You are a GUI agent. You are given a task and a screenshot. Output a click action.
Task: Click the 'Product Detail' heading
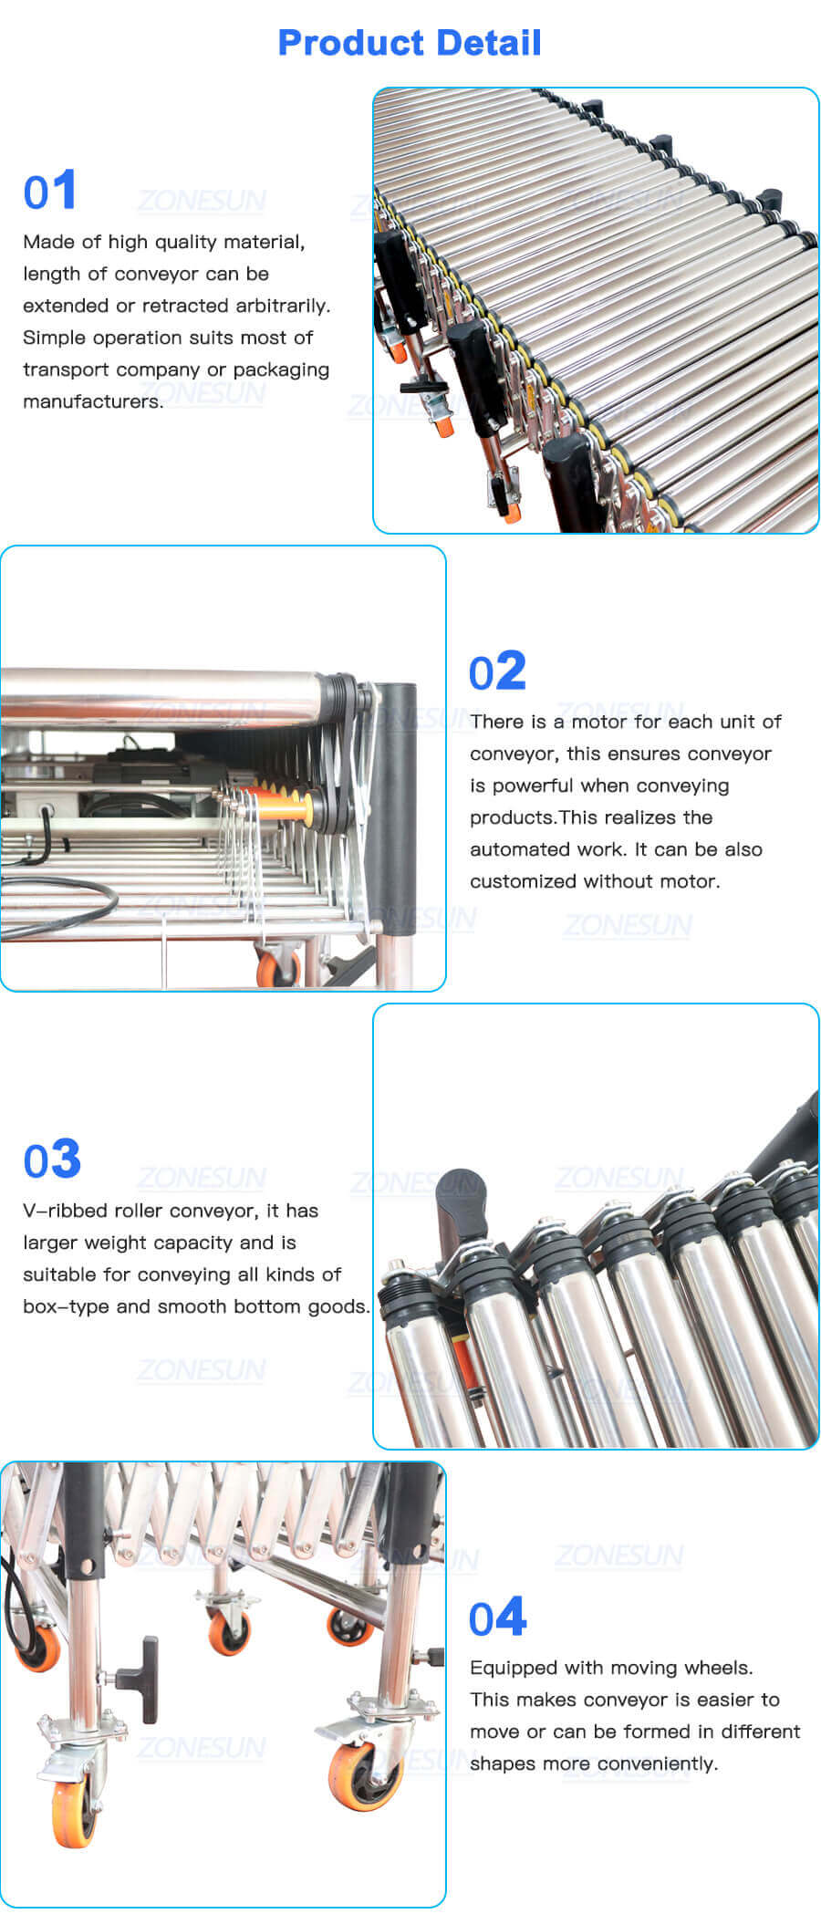[x=410, y=43]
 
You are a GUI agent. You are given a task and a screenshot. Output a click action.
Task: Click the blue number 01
[x=50, y=192]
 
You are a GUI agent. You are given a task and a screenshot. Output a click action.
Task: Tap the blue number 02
[x=497, y=672]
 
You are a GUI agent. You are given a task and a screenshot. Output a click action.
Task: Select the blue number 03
[x=52, y=1160]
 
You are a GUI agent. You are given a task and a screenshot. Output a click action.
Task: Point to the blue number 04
[x=497, y=1618]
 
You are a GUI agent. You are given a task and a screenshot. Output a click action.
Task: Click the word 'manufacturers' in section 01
[x=91, y=401]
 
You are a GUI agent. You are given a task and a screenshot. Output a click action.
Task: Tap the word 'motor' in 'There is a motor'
[x=599, y=722]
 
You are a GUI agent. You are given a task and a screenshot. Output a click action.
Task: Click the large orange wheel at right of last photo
[x=367, y=1774]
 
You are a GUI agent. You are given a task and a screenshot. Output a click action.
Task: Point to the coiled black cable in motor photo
[x=64, y=903]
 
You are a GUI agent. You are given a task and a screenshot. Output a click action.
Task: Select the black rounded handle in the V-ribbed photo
[x=461, y=1200]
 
